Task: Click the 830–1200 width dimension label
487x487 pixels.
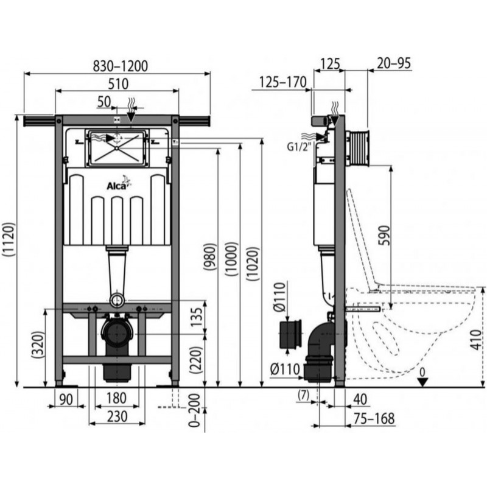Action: tap(121, 66)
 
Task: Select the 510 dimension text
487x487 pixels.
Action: tap(118, 84)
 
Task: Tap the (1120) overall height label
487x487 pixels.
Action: tap(9, 239)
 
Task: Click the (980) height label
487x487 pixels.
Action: tap(209, 256)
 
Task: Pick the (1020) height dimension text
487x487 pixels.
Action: tap(253, 264)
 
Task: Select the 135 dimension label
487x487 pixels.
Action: tap(197, 317)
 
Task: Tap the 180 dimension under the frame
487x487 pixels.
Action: tap(116, 398)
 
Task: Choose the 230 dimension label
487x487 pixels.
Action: tap(117, 416)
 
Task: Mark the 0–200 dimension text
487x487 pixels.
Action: tap(195, 410)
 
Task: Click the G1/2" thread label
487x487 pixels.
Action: tap(299, 146)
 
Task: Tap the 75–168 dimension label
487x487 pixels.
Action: tap(374, 418)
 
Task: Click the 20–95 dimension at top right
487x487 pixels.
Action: tap(393, 63)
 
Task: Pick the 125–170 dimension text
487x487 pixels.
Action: tap(283, 82)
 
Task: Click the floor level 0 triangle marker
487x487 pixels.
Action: tap(423, 382)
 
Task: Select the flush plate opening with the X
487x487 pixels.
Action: tap(117, 148)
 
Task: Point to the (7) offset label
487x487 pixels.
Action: tap(303, 395)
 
